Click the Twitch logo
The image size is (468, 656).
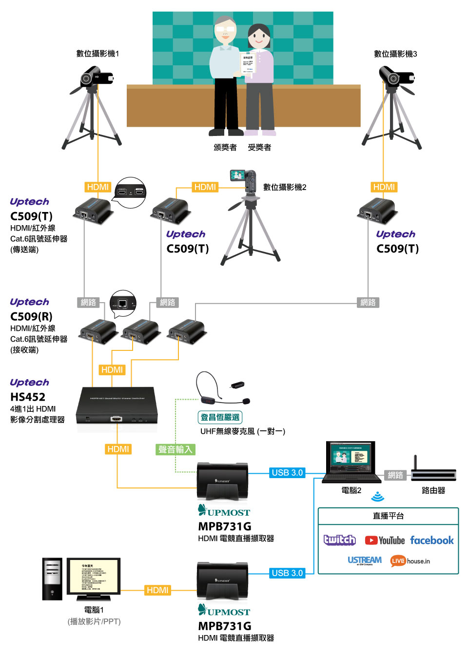pyautogui.click(x=340, y=540)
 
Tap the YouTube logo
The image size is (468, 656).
pyautogui.click(x=385, y=540)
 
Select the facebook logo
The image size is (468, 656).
pyautogui.click(x=432, y=540)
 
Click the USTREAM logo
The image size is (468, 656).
pyautogui.click(x=365, y=560)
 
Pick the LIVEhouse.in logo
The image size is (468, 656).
pyautogui.click(x=410, y=561)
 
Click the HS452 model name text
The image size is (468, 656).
pyautogui.click(x=28, y=397)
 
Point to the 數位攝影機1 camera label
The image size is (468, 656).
pyautogui.click(x=97, y=54)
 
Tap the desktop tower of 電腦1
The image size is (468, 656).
pyautogui.click(x=52, y=579)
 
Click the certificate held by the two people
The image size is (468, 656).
pyautogui.click(x=248, y=63)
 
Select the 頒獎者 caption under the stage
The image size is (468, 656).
pyautogui.click(x=225, y=147)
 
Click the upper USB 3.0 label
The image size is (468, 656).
pyautogui.click(x=287, y=473)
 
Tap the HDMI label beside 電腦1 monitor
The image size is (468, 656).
pyautogui.click(x=157, y=590)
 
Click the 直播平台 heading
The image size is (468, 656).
pyautogui.click(x=388, y=516)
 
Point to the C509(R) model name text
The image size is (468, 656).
pyautogui.click(x=31, y=316)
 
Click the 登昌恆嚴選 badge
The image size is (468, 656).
pyautogui.click(x=220, y=417)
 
